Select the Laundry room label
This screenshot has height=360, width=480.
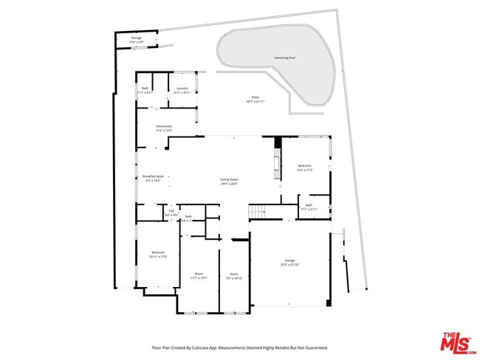[182, 90]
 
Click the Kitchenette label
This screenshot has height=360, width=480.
[164, 128]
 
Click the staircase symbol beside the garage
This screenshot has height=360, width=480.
[256, 213]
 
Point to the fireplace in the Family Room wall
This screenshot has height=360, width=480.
[278, 158]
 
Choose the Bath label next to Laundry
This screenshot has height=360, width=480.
[145, 90]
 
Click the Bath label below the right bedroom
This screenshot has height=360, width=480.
[309, 207]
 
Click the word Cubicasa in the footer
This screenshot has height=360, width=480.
[207, 347]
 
